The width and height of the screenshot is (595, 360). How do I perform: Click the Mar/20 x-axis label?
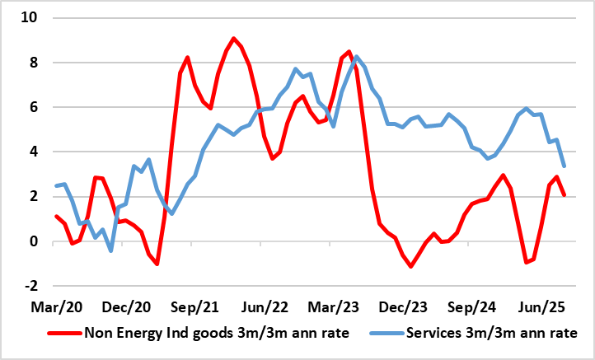tap(56, 307)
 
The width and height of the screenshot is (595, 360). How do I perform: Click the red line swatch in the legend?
tap(63, 334)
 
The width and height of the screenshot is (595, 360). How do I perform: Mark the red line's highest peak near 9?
tap(233, 38)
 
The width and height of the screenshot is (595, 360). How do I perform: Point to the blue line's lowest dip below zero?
tap(111, 250)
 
